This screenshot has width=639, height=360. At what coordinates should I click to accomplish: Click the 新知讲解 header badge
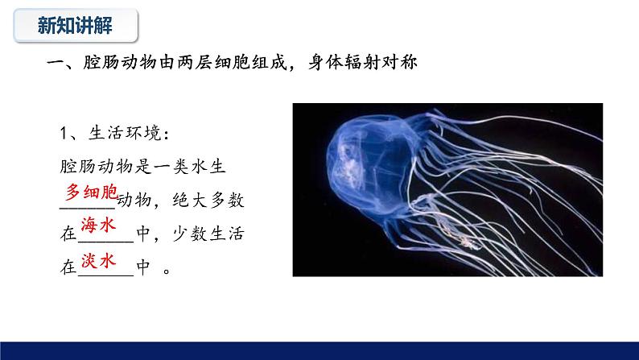(76, 26)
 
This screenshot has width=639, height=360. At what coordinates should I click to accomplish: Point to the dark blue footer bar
(319, 350)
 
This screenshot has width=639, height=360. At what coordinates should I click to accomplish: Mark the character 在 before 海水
(68, 234)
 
